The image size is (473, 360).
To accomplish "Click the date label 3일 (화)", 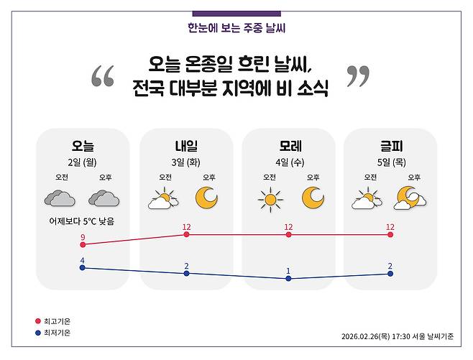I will click(185, 162).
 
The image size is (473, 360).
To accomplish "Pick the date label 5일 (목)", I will click(391, 162).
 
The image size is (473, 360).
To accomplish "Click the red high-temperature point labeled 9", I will click(83, 245).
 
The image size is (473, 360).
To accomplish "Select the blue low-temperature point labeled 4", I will click(83, 267).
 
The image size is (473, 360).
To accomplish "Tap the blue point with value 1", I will click(288, 278).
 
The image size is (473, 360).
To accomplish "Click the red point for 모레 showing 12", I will click(288, 234).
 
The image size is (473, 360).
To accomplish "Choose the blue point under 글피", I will click(390, 273).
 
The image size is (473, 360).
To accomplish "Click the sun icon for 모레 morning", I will click(270, 198).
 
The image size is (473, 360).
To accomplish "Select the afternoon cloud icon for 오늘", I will click(104, 198).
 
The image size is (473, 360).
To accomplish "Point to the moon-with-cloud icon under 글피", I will click(409, 198).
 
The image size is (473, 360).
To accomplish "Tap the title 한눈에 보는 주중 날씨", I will click(236, 29).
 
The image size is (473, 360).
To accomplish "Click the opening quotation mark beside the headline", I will click(103, 76).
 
